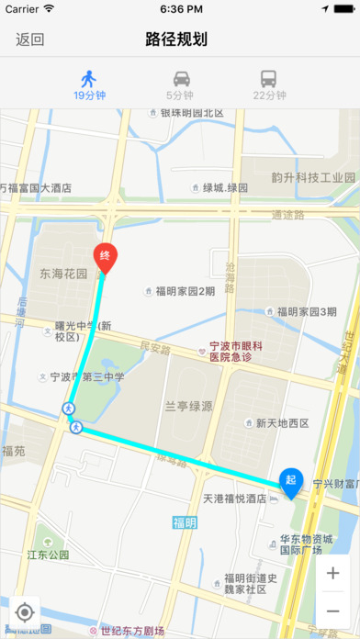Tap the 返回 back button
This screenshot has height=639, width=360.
(30, 39)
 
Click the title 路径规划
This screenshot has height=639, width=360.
(176, 39)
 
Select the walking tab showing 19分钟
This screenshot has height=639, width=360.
(88, 84)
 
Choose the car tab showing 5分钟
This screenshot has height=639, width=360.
(180, 84)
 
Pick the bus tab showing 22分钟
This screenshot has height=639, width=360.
(269, 84)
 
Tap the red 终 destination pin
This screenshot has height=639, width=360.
(106, 257)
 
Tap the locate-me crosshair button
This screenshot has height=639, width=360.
(25, 612)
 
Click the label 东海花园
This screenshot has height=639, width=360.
(62, 274)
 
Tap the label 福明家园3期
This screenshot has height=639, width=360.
(306, 311)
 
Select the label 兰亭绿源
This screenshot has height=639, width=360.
(189, 406)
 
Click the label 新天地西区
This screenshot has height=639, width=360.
(282, 423)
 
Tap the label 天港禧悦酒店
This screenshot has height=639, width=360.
(233, 498)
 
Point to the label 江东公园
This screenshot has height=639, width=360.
(48, 555)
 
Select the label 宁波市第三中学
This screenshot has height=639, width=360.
(86, 376)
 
